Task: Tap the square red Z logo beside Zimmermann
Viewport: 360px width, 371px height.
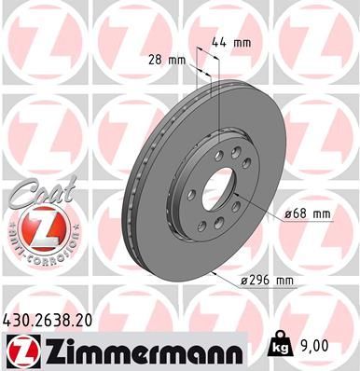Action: pyautogui.click(x=20, y=350)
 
